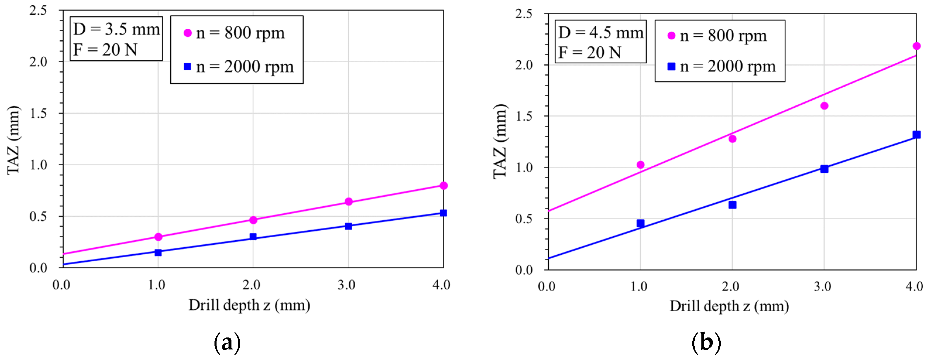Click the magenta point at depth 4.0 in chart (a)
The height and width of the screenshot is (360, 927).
(443, 185)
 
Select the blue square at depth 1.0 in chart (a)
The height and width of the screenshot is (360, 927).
(158, 252)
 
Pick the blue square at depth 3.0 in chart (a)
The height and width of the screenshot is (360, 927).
(348, 226)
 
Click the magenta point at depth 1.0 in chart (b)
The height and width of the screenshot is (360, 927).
(640, 164)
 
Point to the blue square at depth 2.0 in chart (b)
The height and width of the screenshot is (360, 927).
(732, 205)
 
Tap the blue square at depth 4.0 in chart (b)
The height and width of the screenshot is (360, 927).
(916, 135)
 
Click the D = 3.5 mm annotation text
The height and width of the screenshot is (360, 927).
(116, 29)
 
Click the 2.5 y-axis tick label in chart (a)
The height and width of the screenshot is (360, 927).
(38, 10)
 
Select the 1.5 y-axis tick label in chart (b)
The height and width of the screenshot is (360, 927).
(523, 116)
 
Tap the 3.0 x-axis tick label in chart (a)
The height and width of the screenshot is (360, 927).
(346, 285)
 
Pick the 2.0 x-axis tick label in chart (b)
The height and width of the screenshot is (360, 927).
(731, 286)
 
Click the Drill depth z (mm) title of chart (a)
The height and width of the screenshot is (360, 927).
(249, 305)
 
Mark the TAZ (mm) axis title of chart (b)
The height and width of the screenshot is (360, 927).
(500, 141)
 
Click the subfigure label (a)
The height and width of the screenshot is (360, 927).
(227, 342)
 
